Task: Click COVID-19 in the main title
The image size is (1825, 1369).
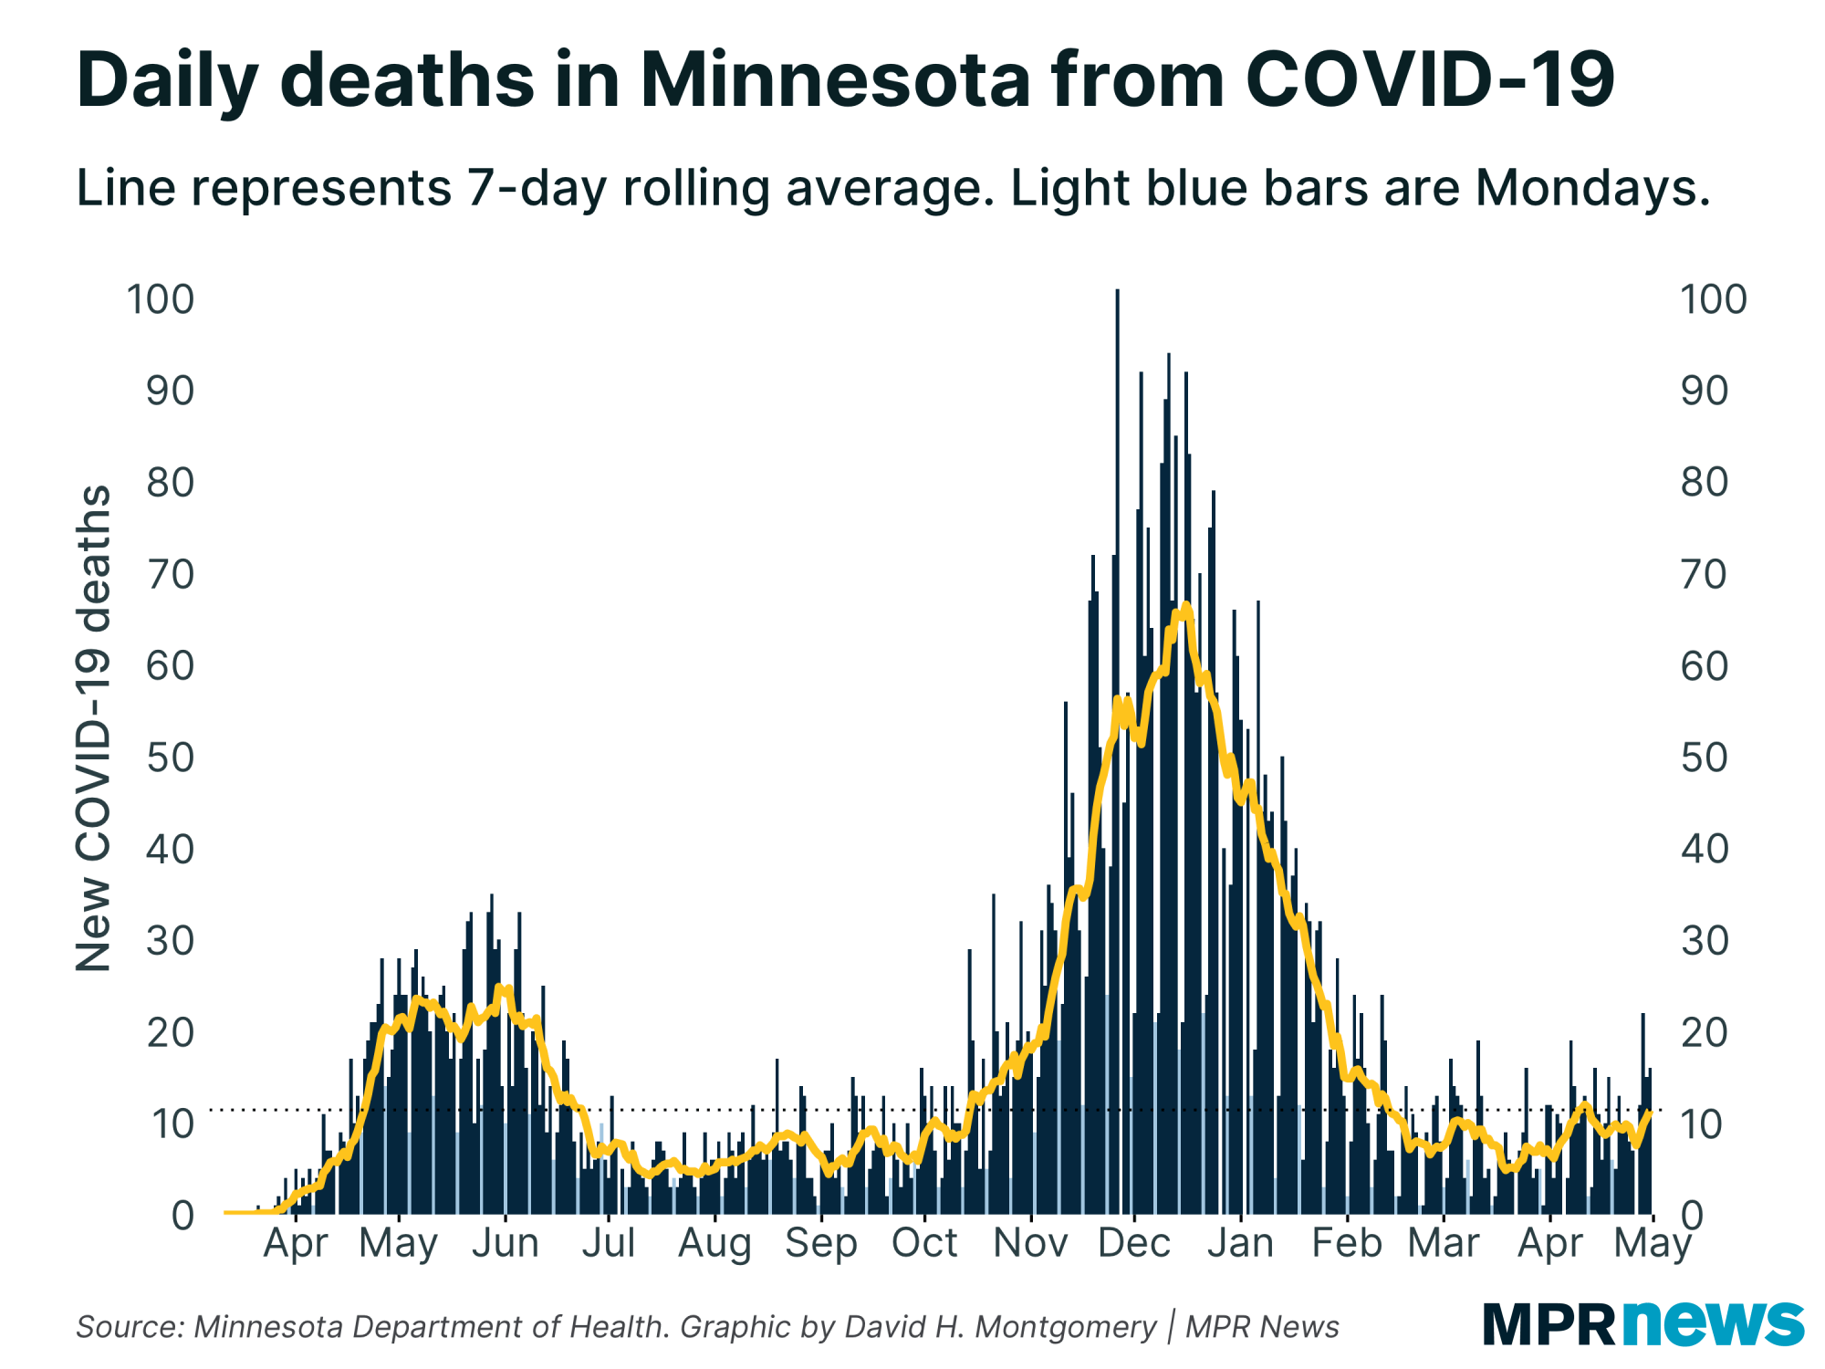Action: (1430, 80)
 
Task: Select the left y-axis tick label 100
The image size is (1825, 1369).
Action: (161, 299)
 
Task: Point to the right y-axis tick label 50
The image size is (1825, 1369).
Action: (1704, 758)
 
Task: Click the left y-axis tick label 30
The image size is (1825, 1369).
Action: (170, 941)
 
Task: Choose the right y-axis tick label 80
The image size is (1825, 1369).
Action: (1704, 482)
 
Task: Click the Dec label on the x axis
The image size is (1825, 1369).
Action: (1133, 1243)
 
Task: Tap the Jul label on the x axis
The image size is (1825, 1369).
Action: (609, 1243)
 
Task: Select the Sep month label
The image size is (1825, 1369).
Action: (820, 1243)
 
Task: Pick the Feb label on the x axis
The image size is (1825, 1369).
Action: (1346, 1243)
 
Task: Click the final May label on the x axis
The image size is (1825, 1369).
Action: (1653, 1243)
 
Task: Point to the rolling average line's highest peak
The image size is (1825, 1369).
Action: (1184, 606)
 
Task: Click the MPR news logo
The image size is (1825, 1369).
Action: (1642, 1323)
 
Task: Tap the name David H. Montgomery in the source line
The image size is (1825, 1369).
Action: (1000, 1326)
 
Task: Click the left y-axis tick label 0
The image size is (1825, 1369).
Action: (182, 1216)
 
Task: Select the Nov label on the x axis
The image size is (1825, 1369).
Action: (1030, 1243)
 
